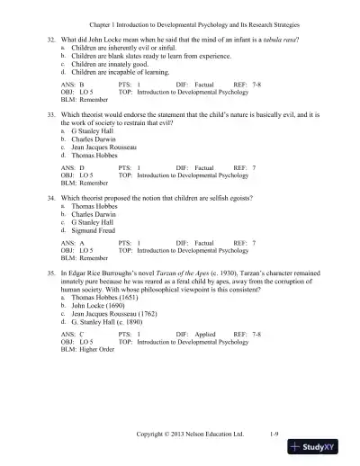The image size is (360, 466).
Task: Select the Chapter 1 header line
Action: [180, 14]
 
